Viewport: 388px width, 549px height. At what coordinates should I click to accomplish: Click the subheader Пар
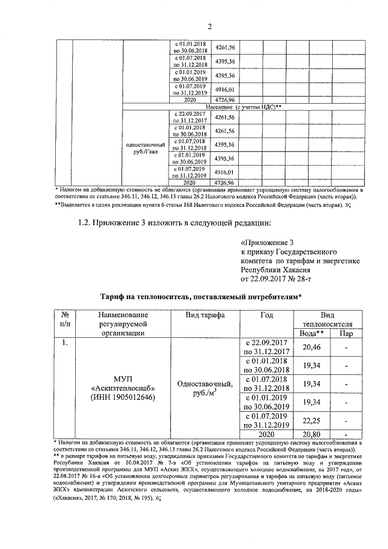345,333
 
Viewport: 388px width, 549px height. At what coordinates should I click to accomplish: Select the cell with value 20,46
311,346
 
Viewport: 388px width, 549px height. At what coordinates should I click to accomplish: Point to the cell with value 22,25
311,422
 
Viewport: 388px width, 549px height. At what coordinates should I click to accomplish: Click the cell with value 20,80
311,435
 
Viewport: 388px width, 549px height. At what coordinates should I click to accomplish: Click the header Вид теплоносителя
328,319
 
